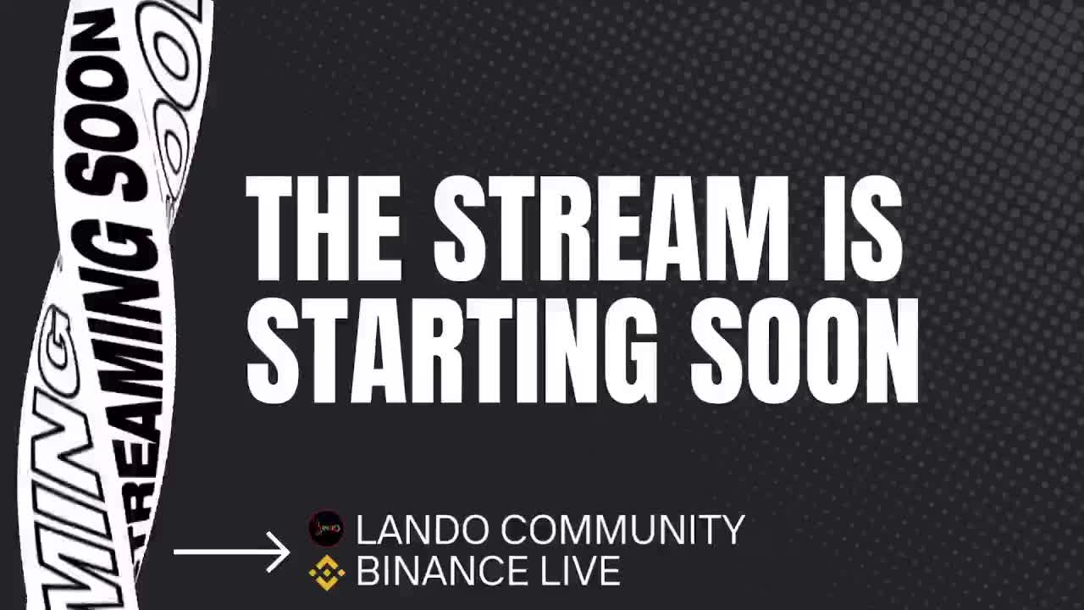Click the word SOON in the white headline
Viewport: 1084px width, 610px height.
[805, 350]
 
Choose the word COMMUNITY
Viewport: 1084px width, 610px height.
[622, 530]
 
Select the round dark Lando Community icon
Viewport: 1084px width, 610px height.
[326, 529]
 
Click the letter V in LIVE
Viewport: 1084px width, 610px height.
[576, 572]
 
